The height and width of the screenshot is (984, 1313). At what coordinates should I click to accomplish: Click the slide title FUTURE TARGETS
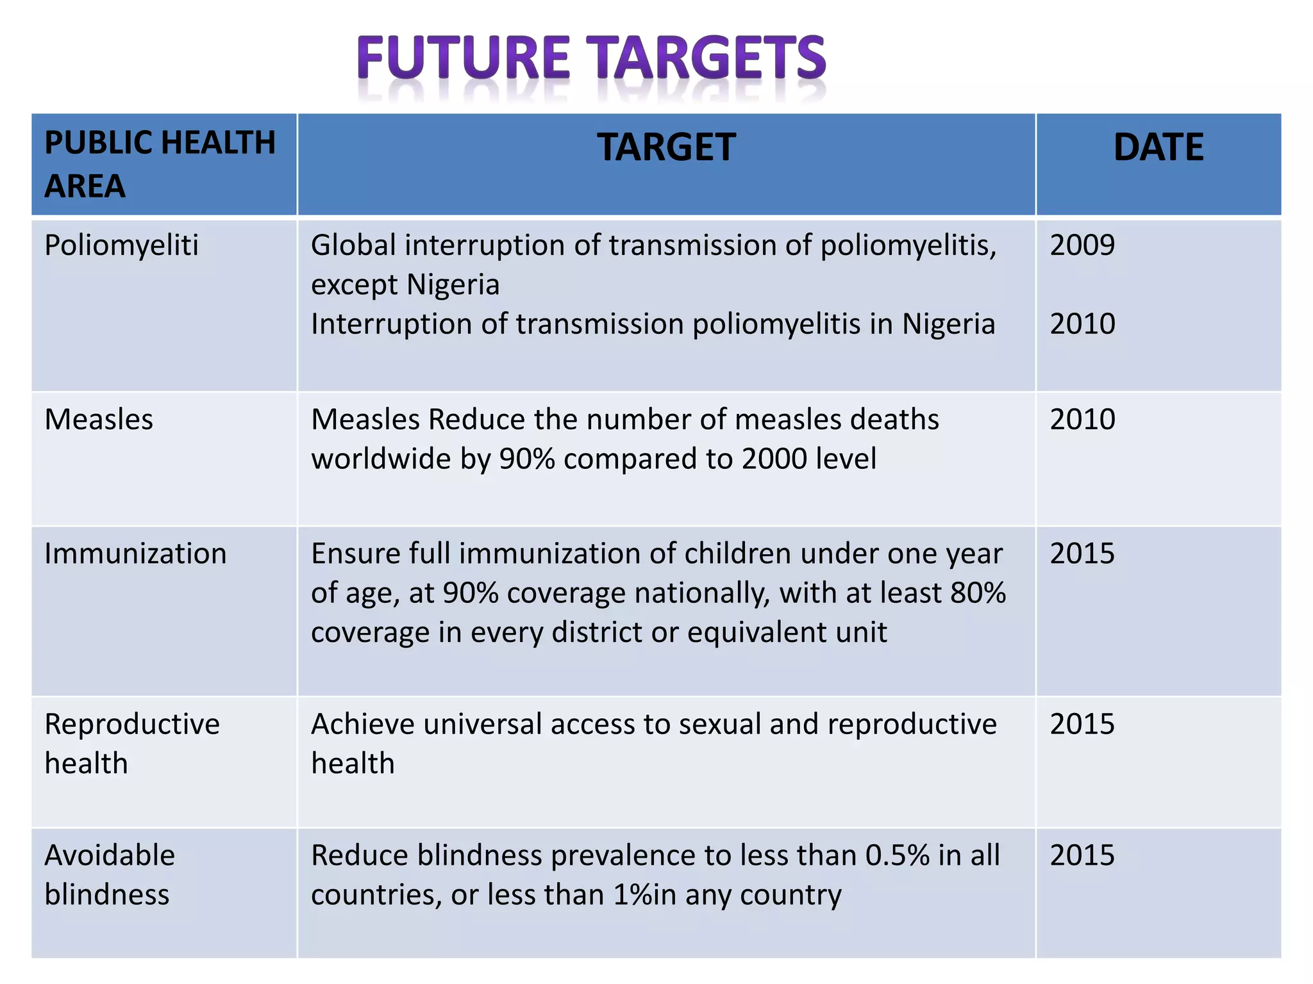pyautogui.click(x=591, y=58)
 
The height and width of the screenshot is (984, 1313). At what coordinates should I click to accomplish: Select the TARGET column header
pyautogui.click(x=666, y=147)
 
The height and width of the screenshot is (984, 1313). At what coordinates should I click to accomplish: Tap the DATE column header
pyautogui.click(x=1158, y=147)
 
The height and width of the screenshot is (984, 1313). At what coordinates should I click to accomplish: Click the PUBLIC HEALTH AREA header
pyautogui.click(x=160, y=164)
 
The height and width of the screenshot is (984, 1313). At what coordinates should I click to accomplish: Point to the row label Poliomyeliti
pyautogui.click(x=122, y=245)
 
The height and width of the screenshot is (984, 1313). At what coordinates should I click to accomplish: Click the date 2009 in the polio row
pyautogui.click(x=1082, y=245)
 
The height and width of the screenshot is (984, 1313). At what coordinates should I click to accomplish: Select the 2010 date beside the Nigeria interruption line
pyautogui.click(x=1082, y=324)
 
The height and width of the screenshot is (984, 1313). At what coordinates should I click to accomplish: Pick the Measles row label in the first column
pyautogui.click(x=99, y=420)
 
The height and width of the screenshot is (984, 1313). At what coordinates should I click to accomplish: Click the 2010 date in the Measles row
pyautogui.click(x=1082, y=420)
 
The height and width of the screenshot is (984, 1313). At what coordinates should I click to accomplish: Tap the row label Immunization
pyautogui.click(x=135, y=553)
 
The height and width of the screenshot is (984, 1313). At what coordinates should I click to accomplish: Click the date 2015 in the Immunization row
pyautogui.click(x=1082, y=553)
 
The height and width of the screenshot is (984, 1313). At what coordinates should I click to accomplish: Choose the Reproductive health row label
pyautogui.click(x=132, y=743)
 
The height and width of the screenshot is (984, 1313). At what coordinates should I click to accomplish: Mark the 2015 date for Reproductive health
pyautogui.click(x=1082, y=724)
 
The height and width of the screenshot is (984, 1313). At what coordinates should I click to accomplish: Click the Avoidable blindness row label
pyautogui.click(x=110, y=874)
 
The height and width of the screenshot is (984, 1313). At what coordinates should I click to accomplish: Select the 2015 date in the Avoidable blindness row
pyautogui.click(x=1082, y=855)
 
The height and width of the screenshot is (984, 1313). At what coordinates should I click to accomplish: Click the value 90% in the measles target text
pyautogui.click(x=527, y=459)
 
